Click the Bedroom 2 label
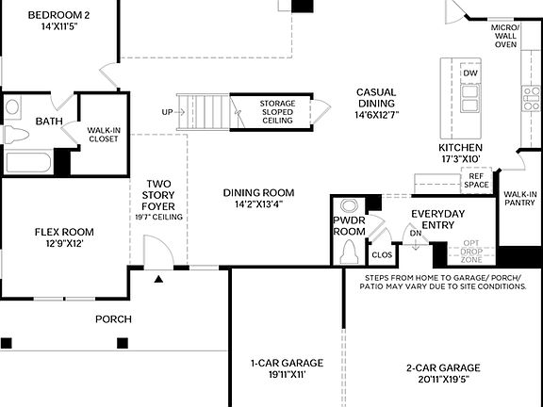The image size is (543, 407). click(x=58, y=16)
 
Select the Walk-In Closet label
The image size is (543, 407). click(x=103, y=134)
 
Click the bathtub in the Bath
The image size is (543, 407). click(x=28, y=162)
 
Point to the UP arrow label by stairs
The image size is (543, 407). click(x=167, y=112)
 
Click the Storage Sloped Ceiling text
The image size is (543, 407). click(x=263, y=110)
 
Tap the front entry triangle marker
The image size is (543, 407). click(x=158, y=279)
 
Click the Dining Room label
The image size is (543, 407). click(x=253, y=193)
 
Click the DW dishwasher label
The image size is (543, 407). click(x=470, y=73)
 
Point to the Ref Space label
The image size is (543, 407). click(x=476, y=180)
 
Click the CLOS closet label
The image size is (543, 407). click(x=382, y=254)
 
